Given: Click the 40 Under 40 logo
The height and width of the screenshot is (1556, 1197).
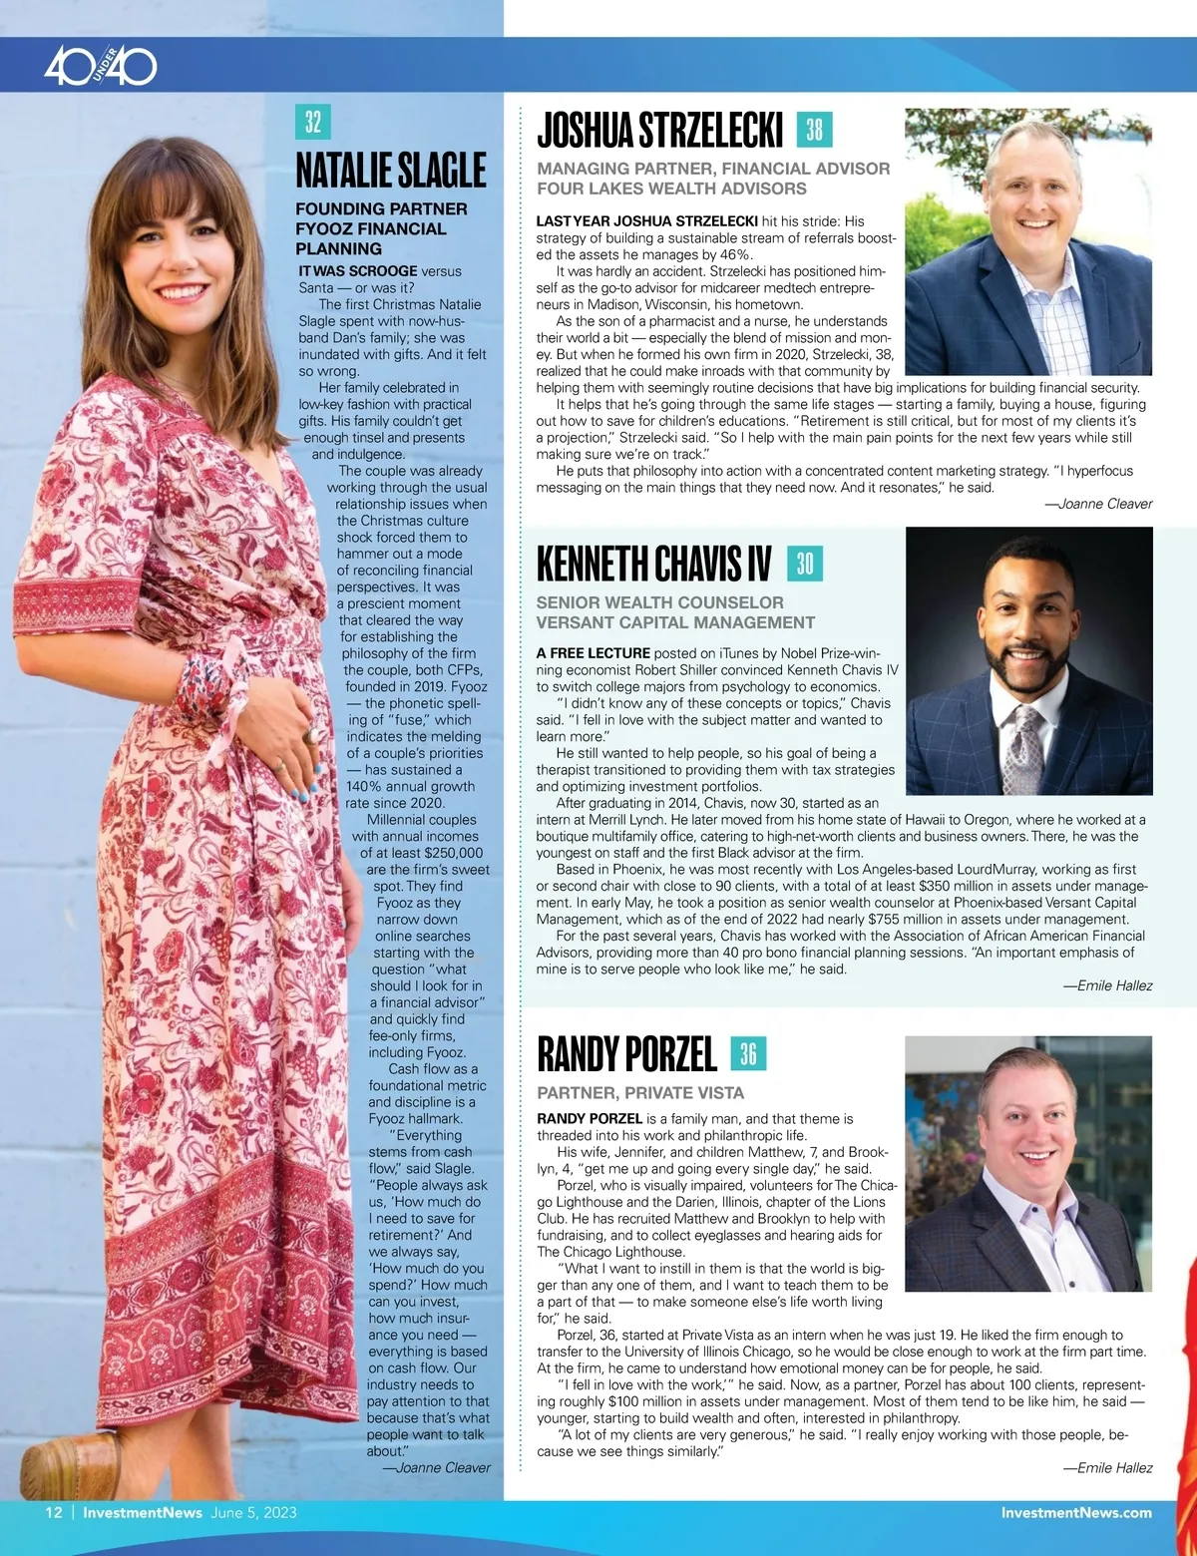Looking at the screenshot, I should click(101, 67).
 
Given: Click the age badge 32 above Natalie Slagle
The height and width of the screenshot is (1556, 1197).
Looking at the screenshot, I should click(313, 122).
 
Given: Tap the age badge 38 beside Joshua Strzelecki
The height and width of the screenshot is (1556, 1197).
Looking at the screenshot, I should click(814, 130).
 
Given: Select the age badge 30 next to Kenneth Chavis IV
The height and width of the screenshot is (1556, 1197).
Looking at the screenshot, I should click(804, 564).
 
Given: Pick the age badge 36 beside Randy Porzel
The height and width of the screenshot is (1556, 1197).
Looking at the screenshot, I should click(748, 1053).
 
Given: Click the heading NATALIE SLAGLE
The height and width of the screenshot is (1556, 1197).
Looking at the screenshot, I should click(391, 170).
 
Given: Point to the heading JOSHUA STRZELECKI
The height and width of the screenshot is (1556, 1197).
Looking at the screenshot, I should click(659, 130).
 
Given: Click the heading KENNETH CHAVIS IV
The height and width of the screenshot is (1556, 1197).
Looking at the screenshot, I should click(653, 564).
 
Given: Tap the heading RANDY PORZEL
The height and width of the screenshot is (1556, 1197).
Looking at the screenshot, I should click(626, 1054).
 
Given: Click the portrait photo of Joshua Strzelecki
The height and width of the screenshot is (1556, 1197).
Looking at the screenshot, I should click(1027, 241).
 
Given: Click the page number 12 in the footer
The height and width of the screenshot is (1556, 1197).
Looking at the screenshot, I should click(54, 1512).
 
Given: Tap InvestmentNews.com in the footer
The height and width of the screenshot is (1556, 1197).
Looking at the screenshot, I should click(1075, 1512).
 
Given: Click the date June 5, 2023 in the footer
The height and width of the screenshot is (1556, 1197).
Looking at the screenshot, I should click(253, 1512).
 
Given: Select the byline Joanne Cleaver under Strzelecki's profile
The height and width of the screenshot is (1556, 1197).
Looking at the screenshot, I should click(1097, 504).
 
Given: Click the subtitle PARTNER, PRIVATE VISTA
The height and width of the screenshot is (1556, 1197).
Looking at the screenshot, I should click(640, 1093).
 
